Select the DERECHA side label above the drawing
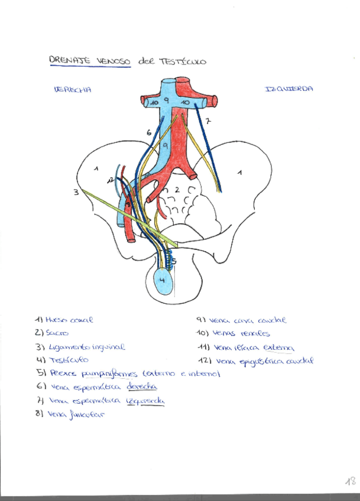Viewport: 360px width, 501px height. coord(72,90)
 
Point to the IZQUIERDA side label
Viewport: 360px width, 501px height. coord(289,89)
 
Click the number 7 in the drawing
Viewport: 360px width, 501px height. coord(208,121)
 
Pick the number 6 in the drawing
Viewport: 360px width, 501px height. coord(148,133)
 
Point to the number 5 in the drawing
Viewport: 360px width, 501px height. coord(174,261)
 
